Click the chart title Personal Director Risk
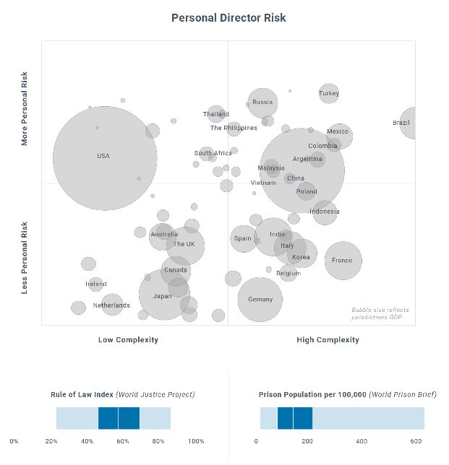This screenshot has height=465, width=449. point(223,17)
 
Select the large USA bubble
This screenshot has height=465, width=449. point(105,157)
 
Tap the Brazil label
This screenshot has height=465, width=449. point(401,123)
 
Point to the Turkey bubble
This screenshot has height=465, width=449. point(329,93)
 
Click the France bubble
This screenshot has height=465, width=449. point(343,261)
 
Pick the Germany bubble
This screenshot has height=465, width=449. point(260,299)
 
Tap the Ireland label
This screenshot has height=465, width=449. point(96,284)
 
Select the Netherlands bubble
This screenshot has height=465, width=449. point(111,305)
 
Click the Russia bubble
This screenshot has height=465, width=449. point(262,103)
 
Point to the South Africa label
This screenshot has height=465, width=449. point(213,153)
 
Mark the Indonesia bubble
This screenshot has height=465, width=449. point(325,212)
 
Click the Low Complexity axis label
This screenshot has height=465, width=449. point(128,339)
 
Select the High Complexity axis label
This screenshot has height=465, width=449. point(328,339)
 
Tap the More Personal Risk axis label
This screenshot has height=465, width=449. point(25,108)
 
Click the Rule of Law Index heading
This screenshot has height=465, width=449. point(122,395)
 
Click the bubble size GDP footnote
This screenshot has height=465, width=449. point(377,313)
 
